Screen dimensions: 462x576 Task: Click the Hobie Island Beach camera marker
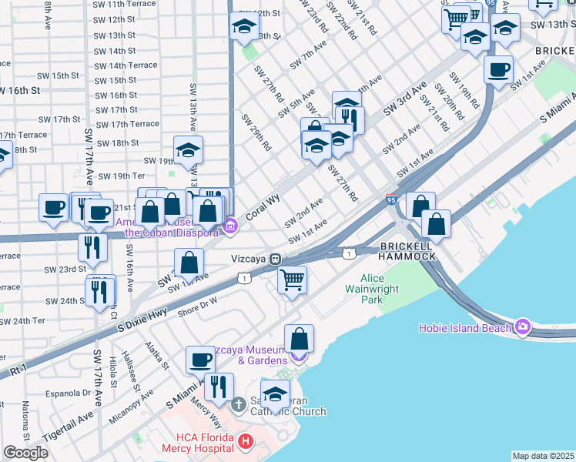(524, 327)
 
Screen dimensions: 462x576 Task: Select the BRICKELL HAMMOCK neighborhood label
(408, 249)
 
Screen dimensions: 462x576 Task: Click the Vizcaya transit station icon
(273, 260)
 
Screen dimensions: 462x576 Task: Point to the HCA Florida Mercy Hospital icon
(245, 441)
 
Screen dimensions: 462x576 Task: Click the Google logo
(25, 453)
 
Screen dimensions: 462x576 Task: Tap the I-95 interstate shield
(393, 198)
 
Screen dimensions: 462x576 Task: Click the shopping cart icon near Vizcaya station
(292, 280)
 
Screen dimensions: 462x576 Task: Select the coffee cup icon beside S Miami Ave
(201, 360)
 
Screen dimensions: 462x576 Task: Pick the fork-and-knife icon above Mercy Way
(219, 387)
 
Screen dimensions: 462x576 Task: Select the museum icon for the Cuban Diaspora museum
(230, 226)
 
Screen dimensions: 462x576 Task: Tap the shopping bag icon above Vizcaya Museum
(300, 338)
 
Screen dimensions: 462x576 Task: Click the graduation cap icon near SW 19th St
(188, 151)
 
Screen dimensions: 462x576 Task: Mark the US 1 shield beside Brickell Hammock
(350, 253)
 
